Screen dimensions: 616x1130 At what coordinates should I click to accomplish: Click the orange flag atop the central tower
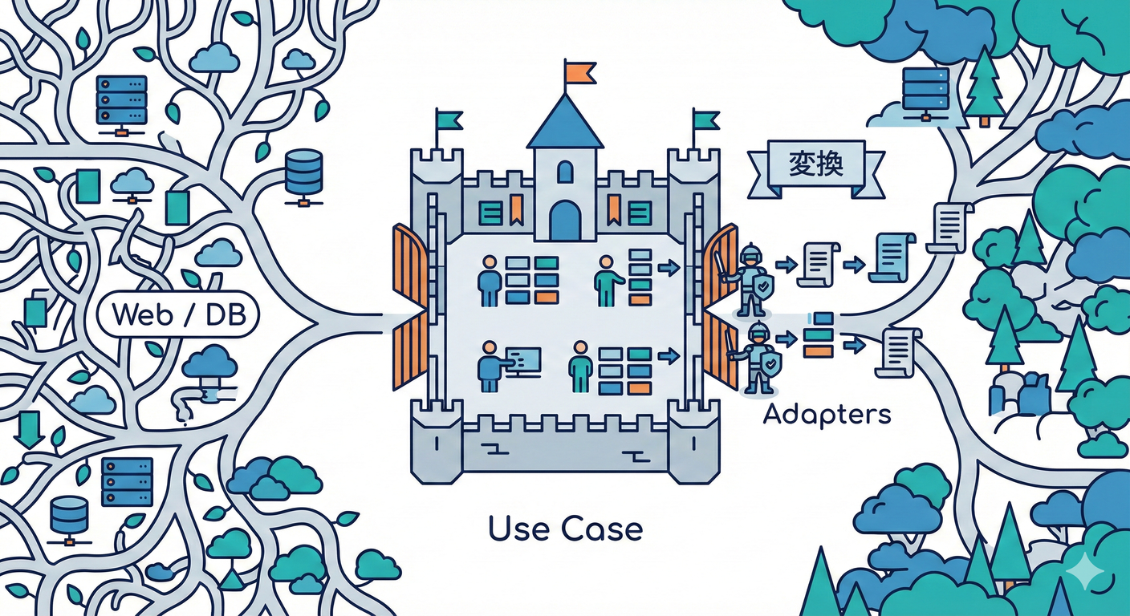point(579,72)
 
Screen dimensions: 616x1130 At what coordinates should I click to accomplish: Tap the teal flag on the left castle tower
point(449,120)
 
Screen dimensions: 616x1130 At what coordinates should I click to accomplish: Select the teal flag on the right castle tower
point(705,120)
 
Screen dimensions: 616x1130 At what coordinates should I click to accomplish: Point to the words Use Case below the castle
point(565,529)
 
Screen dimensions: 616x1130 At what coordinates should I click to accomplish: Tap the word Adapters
point(827,415)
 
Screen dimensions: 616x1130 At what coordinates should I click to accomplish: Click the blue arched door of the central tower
point(565,221)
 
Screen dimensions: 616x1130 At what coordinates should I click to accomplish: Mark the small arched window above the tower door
point(565,172)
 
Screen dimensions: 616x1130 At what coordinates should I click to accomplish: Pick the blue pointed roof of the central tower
point(565,123)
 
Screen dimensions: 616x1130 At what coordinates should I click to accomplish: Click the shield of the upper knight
point(765,285)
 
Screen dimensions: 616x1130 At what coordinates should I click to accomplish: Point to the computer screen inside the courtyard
point(523,360)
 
